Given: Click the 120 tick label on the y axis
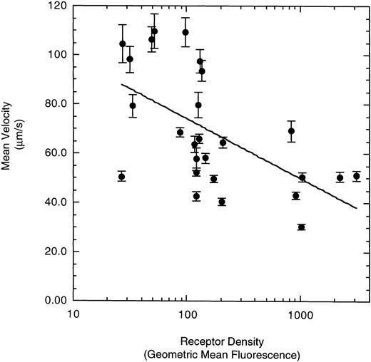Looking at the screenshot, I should (x=56, y=6).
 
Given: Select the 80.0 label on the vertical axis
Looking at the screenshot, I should (x=54, y=104).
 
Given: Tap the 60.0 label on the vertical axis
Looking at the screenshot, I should (x=54, y=153).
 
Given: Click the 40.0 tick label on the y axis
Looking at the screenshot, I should (x=54, y=202).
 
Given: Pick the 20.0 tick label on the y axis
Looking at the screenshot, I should (x=54, y=252).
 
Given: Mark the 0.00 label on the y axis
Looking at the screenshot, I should (x=54, y=301).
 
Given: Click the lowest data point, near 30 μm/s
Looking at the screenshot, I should (x=301, y=227).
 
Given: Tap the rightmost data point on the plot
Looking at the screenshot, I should (x=356, y=177).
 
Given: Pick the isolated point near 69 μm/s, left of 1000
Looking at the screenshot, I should (x=291, y=131).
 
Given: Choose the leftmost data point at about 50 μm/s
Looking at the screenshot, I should (x=122, y=177).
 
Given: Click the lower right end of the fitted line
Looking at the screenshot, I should (x=356, y=208).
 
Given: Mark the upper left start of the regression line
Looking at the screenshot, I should (x=122, y=84).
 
